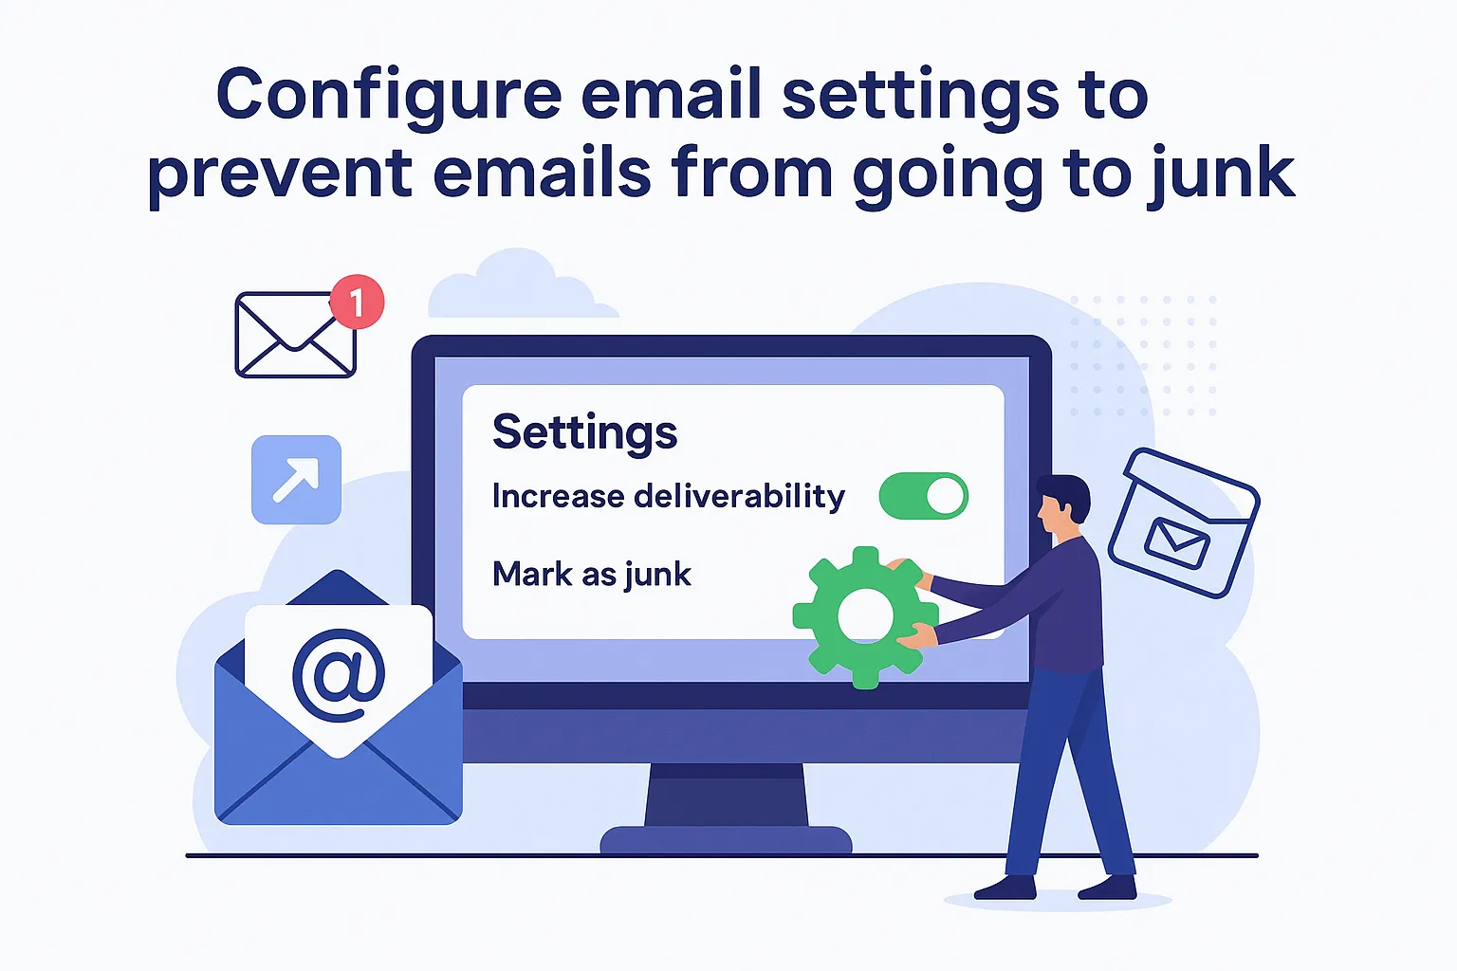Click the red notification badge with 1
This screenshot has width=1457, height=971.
click(x=357, y=302)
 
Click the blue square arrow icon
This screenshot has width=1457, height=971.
click(x=296, y=480)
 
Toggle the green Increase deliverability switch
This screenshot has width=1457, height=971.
click(x=924, y=496)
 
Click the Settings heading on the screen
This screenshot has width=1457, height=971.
click(x=584, y=433)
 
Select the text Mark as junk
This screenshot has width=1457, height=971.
click(x=591, y=575)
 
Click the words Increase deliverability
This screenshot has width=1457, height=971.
click(x=668, y=496)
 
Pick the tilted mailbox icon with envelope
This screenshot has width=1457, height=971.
click(x=1182, y=522)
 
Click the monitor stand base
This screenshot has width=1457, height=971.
click(x=726, y=839)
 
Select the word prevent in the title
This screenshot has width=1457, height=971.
click(x=280, y=175)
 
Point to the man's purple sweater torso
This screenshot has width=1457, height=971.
click(x=1072, y=607)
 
